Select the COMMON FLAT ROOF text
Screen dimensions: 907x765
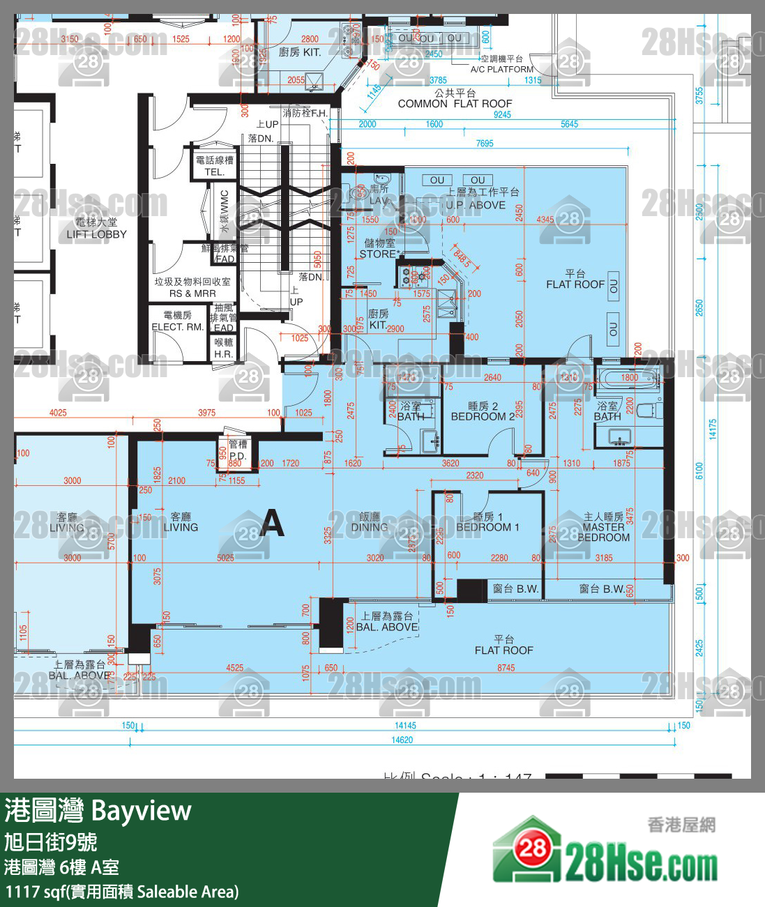[455, 104]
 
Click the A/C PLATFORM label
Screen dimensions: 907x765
[501, 69]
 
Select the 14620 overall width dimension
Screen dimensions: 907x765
[402, 740]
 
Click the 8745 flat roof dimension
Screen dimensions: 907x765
[506, 668]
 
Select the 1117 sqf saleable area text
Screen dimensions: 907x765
[122, 892]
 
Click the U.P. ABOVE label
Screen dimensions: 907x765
[476, 205]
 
